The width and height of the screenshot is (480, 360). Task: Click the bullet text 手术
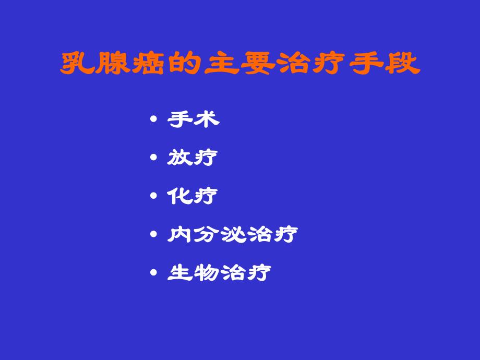193,119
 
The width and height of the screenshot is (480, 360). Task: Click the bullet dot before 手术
153,120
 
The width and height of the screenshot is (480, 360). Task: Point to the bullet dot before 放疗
153,158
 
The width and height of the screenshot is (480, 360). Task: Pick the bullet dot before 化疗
153,196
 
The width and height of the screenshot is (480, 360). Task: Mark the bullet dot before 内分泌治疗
153,234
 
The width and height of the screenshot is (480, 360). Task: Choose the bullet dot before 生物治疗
153,272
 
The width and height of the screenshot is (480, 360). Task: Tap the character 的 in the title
185,64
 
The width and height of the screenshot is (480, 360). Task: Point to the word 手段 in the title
385,64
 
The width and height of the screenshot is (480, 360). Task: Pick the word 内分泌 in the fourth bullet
206,234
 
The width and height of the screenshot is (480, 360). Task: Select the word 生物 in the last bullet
193,272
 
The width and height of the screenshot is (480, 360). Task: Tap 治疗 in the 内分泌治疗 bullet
271,234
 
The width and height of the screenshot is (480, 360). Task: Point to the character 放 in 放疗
179,158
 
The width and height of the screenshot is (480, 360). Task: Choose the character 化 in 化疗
179,196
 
